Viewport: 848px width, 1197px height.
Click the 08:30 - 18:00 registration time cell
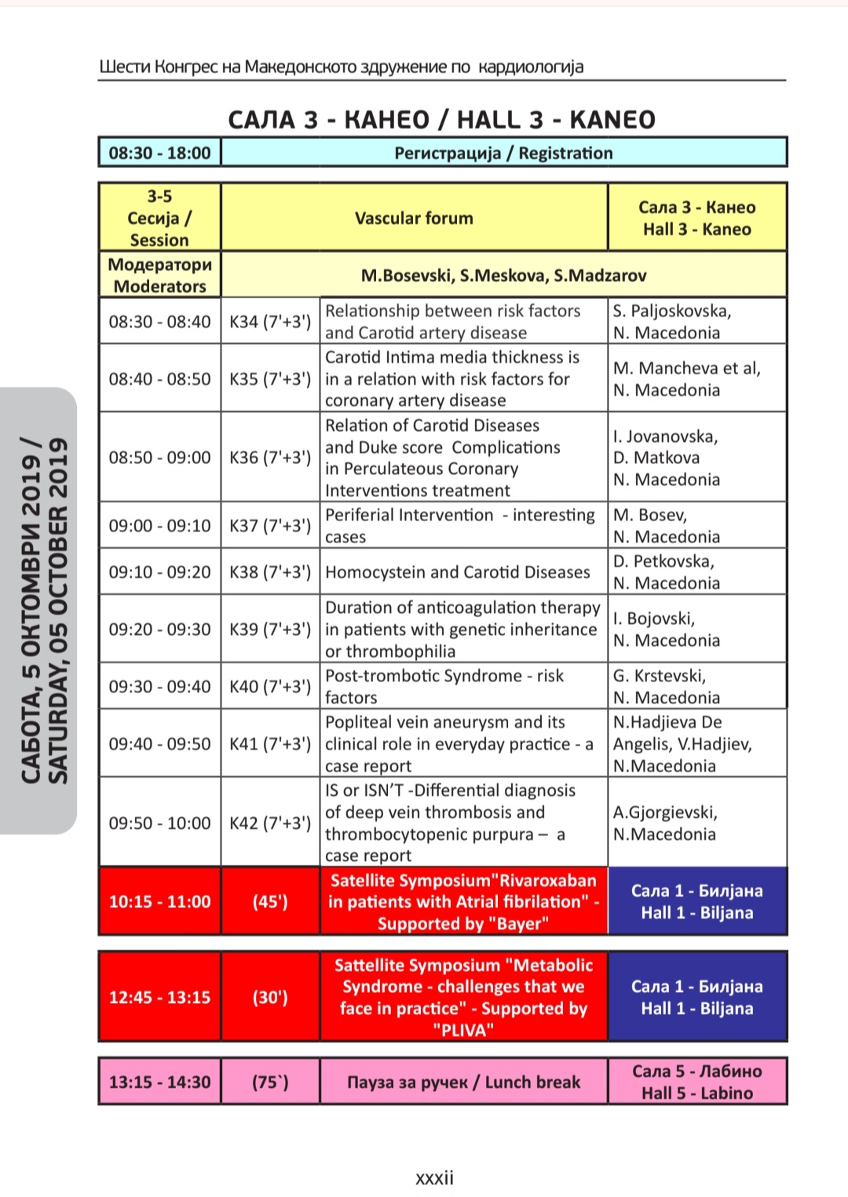(x=159, y=153)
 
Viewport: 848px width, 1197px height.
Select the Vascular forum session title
(x=414, y=218)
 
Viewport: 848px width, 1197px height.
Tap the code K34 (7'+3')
(x=270, y=322)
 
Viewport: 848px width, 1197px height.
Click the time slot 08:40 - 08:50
(x=159, y=379)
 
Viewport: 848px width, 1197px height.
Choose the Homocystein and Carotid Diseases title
(x=457, y=572)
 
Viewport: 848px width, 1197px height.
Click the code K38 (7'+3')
(x=270, y=572)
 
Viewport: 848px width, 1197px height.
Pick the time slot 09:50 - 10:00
(x=159, y=823)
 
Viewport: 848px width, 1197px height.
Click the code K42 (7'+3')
(x=270, y=823)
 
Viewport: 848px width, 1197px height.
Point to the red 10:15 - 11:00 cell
(x=159, y=902)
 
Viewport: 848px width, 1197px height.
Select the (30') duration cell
(x=270, y=998)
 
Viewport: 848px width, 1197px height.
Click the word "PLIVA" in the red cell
(x=463, y=1031)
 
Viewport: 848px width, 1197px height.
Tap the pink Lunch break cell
(x=463, y=1082)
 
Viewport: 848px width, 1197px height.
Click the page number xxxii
(x=434, y=1178)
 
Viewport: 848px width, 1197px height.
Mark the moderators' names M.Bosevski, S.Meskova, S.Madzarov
(x=503, y=276)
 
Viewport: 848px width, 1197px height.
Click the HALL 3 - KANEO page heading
(x=442, y=120)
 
